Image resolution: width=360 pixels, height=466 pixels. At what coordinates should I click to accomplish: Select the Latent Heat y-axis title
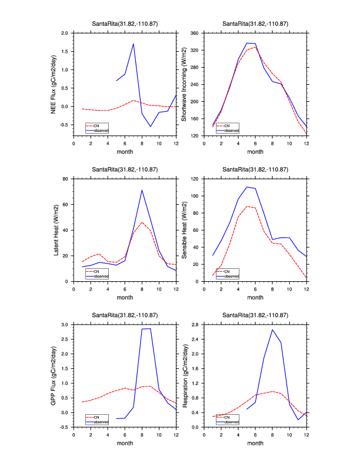pos(56,229)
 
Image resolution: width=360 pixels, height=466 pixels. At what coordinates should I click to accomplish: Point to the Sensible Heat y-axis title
pos(184,229)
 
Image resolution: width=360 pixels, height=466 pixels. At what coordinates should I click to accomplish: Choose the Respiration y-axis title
pos(184,375)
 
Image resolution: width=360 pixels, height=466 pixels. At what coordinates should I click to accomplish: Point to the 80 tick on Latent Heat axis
pos(66,178)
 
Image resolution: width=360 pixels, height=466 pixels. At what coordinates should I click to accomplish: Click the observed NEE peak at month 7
pos(134,44)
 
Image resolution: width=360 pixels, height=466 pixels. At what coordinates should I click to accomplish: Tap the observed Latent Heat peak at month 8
pos(142,190)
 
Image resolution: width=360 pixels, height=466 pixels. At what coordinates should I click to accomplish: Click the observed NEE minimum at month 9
pos(151,127)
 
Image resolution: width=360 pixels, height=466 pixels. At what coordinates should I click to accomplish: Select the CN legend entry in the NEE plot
pos(96,125)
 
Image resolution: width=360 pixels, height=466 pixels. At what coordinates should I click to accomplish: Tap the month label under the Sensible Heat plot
pos(255,297)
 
